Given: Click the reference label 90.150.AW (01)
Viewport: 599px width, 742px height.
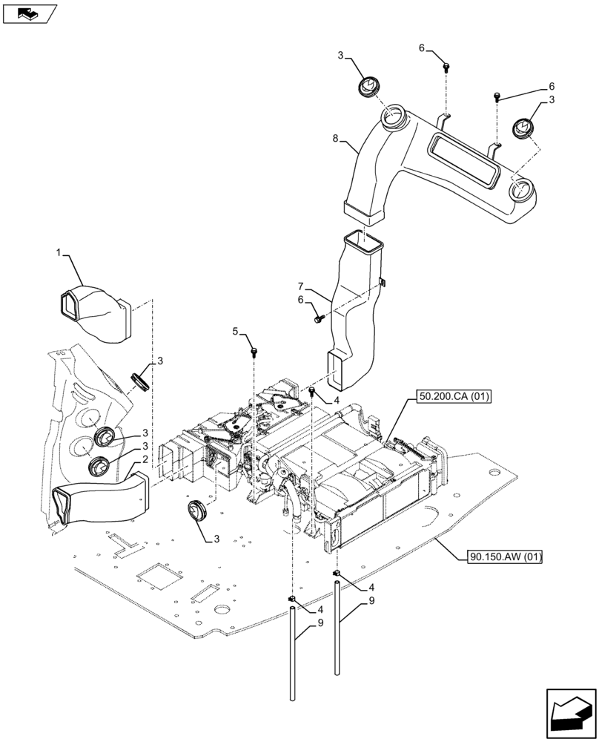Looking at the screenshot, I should coord(505,556).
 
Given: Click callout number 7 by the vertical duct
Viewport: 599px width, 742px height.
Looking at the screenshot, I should coord(302,286).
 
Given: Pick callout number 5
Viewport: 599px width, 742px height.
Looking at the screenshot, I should coord(235,332).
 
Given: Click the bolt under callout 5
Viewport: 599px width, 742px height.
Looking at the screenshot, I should coord(254,349).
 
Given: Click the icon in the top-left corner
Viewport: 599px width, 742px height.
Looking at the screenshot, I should coord(30,13).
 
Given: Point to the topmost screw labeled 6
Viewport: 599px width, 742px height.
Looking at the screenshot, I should coord(446,68).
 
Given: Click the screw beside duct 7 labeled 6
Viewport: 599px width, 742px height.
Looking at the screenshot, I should coord(320,318).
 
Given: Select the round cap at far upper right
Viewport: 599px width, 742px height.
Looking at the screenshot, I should coord(523,129).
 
